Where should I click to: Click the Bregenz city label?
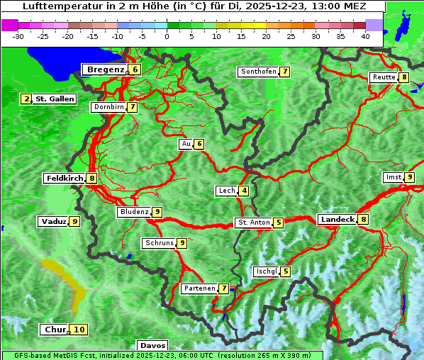[x=105, y=69]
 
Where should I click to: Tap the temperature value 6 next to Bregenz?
[x=135, y=69]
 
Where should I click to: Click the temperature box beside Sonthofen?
[x=284, y=72]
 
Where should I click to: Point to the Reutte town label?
[x=384, y=77]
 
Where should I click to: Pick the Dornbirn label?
[x=108, y=107]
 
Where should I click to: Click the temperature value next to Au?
[x=200, y=144]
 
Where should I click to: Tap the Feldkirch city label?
[x=65, y=179]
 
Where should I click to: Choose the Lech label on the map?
[x=226, y=191]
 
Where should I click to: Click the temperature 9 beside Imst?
[x=410, y=177]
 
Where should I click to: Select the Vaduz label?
[x=53, y=222]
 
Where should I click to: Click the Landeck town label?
[x=337, y=220]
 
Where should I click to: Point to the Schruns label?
[x=159, y=243]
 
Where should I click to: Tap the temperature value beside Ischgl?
[x=285, y=271]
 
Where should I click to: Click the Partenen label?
[x=199, y=288]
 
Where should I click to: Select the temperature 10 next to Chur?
[x=79, y=330]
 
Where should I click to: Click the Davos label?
[x=152, y=345]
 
